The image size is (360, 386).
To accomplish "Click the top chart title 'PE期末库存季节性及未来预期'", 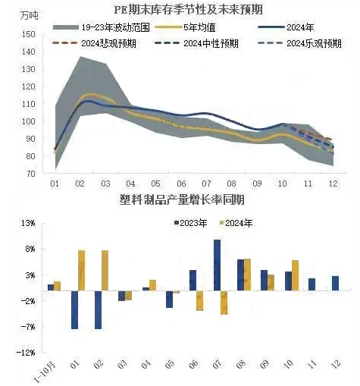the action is (189, 10).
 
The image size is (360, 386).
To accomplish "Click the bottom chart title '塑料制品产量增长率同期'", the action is (182, 199).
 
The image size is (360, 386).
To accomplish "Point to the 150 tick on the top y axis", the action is (28, 34).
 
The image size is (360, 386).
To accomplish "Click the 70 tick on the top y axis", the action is (30, 174).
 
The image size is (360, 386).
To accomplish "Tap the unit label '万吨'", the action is (30, 16).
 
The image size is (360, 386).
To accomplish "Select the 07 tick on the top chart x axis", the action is (207, 184).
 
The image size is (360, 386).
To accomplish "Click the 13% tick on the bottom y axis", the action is (28, 224).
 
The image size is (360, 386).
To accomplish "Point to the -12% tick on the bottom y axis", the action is (26, 353).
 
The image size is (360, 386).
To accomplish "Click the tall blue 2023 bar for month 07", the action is (217, 265).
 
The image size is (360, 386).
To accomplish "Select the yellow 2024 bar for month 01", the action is (82, 271).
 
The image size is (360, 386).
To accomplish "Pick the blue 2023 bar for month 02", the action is (98, 310).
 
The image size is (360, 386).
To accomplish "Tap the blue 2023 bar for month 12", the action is (335, 284).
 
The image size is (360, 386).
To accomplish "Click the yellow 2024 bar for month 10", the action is (295, 275).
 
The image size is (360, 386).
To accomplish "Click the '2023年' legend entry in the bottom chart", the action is (191, 223).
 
